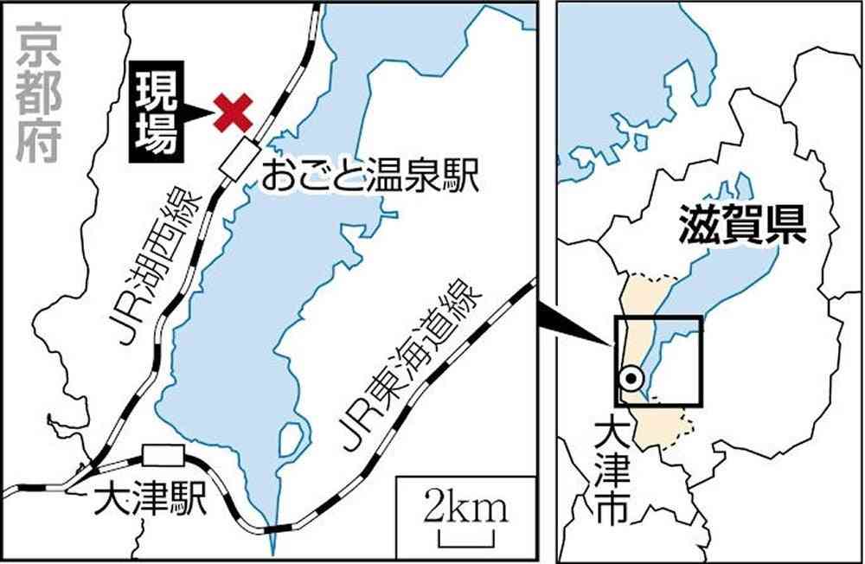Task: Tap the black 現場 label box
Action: coord(158,112)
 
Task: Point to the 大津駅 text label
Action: coord(152,501)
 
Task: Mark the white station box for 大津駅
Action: coord(164,455)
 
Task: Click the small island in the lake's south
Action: coord(292,441)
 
